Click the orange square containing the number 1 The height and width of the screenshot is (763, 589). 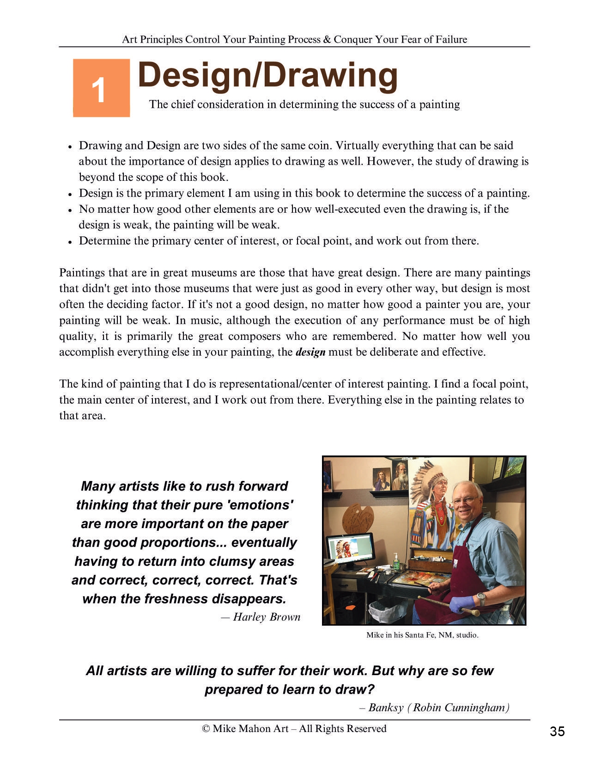tap(101, 88)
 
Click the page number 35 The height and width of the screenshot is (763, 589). tap(557, 731)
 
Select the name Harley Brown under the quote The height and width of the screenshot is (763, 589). tap(267, 617)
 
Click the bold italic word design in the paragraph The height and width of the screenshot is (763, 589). tap(310, 352)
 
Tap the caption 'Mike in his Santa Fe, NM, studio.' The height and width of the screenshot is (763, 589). tap(422, 635)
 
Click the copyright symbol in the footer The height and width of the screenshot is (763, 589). tap(206, 729)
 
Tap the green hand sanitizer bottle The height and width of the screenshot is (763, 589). tap(396, 561)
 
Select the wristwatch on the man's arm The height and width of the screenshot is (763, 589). tap(481, 599)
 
